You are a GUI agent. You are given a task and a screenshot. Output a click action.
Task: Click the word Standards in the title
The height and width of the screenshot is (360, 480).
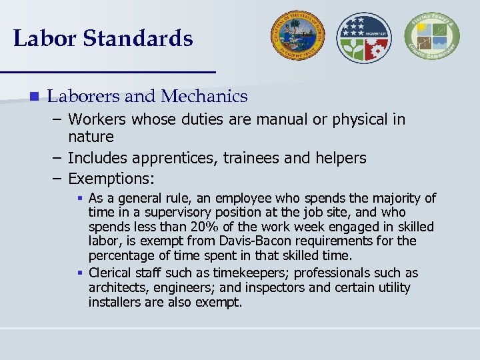(138, 39)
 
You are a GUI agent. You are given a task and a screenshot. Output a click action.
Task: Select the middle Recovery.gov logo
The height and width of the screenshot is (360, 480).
(364, 37)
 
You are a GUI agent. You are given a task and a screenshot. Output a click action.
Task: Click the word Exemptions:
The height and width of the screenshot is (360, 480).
(111, 179)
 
